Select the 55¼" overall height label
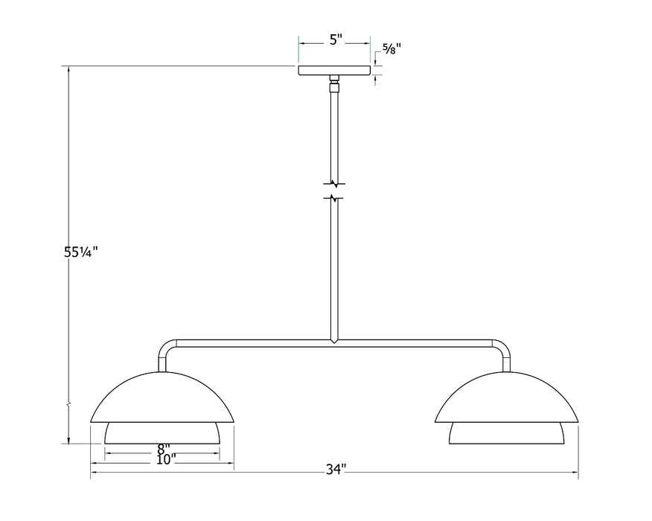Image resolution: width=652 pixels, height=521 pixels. pos(81,252)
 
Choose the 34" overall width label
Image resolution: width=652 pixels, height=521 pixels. pos(336,469)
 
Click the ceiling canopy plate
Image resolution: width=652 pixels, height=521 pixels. pos(335,71)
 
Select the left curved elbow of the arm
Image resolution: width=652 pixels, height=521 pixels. pos(165,348)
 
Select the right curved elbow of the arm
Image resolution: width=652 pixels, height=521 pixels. pos(503,348)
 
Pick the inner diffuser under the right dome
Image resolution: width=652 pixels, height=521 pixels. pos(507,433)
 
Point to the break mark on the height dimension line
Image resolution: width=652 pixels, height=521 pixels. pos(69,406)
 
